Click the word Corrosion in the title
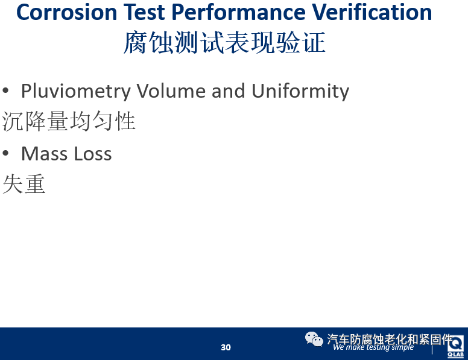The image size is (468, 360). click(66, 12)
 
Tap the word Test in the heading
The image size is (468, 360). click(144, 12)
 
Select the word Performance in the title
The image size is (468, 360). click(238, 12)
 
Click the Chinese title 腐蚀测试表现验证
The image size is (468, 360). click(224, 43)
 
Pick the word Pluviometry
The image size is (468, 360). click(76, 91)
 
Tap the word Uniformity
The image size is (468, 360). click(300, 91)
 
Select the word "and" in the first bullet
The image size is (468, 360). click(229, 90)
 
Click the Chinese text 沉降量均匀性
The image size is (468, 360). click(69, 121)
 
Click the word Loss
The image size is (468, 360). click(93, 154)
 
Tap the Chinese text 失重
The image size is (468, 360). click(24, 184)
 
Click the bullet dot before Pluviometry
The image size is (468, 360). click(5, 90)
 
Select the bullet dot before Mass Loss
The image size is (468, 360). click(5, 153)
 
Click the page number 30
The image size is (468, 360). click(226, 347)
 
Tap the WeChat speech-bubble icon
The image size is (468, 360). click(314, 339)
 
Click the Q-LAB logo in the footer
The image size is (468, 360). click(455, 346)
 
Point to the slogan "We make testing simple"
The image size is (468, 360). click(373, 347)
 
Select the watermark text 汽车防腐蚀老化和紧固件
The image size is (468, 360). click(390, 339)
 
